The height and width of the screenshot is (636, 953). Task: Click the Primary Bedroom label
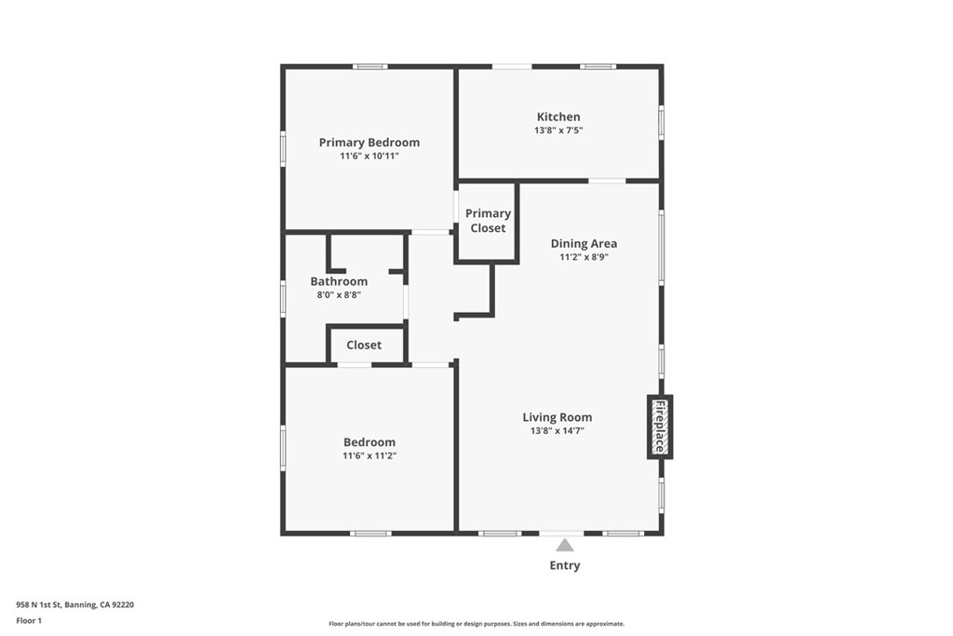point(369,142)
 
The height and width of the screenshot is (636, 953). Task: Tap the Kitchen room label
point(557,117)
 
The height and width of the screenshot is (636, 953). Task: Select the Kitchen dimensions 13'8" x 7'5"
point(557,131)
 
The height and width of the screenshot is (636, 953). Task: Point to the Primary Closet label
point(488,221)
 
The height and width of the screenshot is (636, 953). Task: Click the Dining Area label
point(584,244)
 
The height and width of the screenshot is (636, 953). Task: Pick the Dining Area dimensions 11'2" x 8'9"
point(584,258)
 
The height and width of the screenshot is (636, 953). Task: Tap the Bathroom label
point(339,281)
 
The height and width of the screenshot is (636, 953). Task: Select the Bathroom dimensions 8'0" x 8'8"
point(339,295)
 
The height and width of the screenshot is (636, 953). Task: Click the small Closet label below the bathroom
point(364,345)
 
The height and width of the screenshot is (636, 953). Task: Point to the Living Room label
point(557,417)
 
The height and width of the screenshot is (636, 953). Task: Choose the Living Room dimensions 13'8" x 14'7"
point(557,431)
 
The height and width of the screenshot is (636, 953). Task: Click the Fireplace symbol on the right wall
point(659,426)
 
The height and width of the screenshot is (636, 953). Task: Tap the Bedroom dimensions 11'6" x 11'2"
point(369,456)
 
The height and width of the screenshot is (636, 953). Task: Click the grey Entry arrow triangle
point(564,546)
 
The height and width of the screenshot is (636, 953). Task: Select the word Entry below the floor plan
point(564,565)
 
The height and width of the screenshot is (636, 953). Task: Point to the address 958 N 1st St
point(74,604)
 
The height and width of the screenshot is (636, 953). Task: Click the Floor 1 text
point(29,620)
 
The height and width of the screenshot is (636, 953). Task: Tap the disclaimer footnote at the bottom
point(476,624)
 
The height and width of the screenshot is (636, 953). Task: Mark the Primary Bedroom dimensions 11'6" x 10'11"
point(369,156)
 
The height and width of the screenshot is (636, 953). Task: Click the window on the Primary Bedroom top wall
point(370,66)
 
